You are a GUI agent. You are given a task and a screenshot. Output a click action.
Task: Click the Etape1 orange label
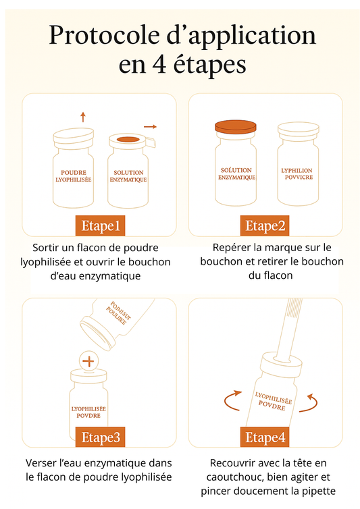[101, 225]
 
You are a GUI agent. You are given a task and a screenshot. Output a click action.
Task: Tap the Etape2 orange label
[265, 225]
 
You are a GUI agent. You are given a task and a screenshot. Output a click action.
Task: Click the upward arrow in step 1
[82, 116]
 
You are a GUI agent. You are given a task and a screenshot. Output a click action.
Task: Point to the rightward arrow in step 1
[150, 126]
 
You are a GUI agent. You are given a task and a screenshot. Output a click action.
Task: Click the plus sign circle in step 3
[88, 360]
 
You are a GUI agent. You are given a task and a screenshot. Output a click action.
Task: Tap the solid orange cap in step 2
[236, 126]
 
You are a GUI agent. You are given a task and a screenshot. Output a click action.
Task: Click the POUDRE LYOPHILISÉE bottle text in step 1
[73, 176]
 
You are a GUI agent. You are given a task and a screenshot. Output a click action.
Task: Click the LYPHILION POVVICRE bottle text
[297, 175]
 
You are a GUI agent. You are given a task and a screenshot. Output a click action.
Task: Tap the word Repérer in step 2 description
[230, 247]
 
